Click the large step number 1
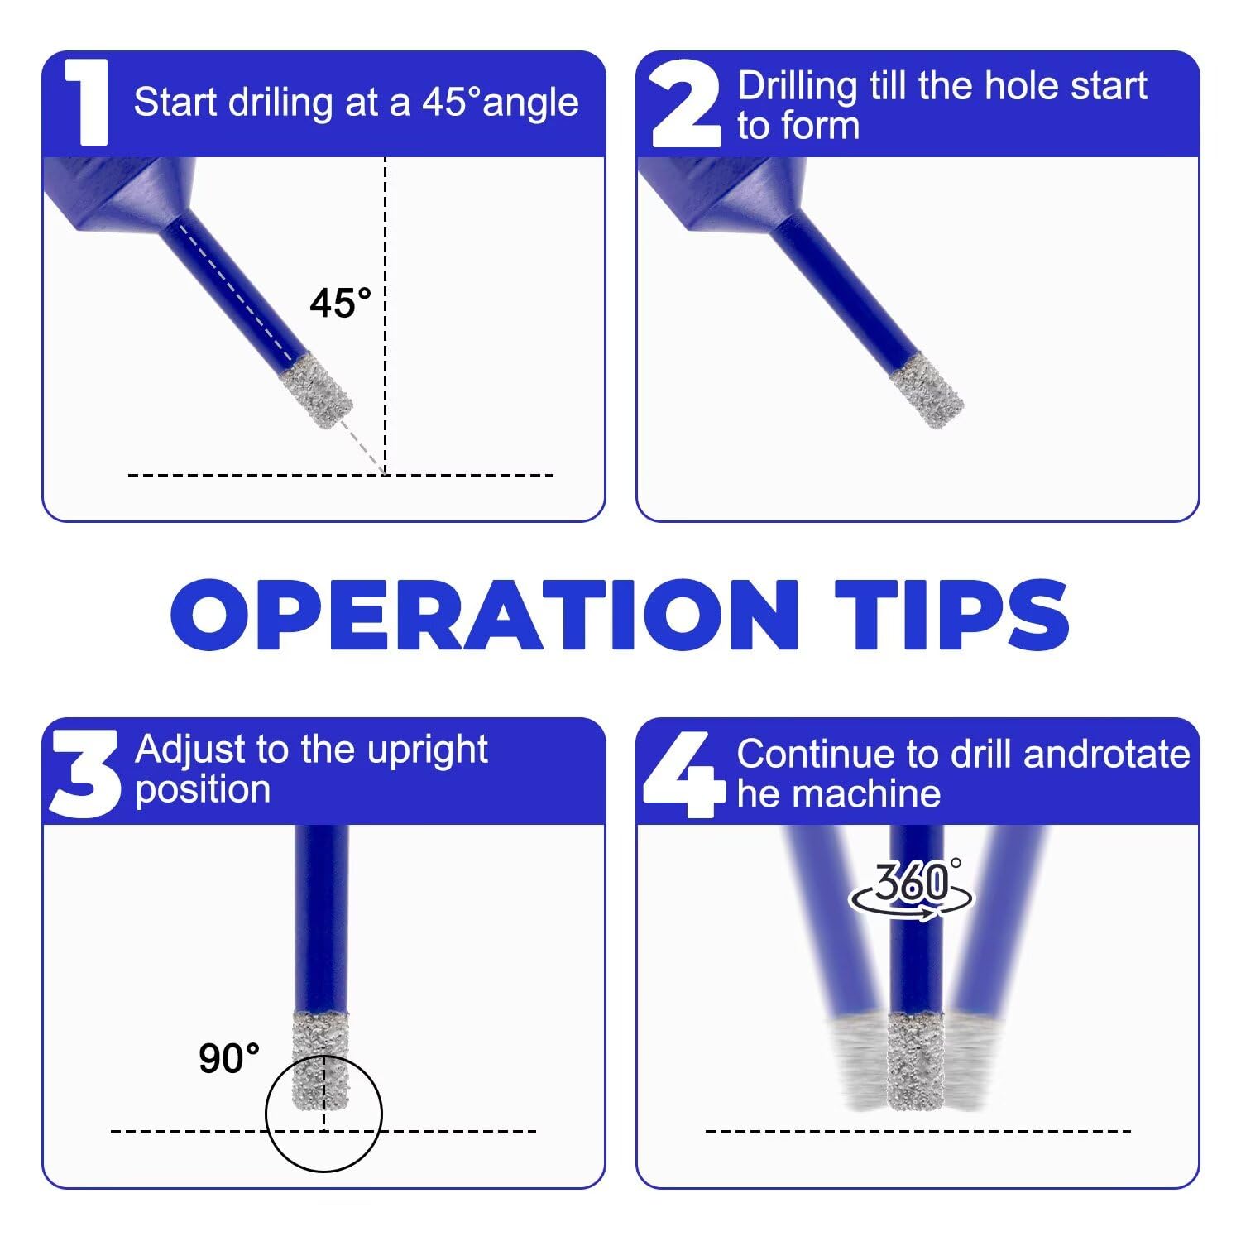86,103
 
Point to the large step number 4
684,774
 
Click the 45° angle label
341,304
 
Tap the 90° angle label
229,1058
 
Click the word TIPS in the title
951,614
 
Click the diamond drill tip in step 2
927,391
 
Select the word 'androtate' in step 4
1107,755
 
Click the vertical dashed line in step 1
386,315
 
